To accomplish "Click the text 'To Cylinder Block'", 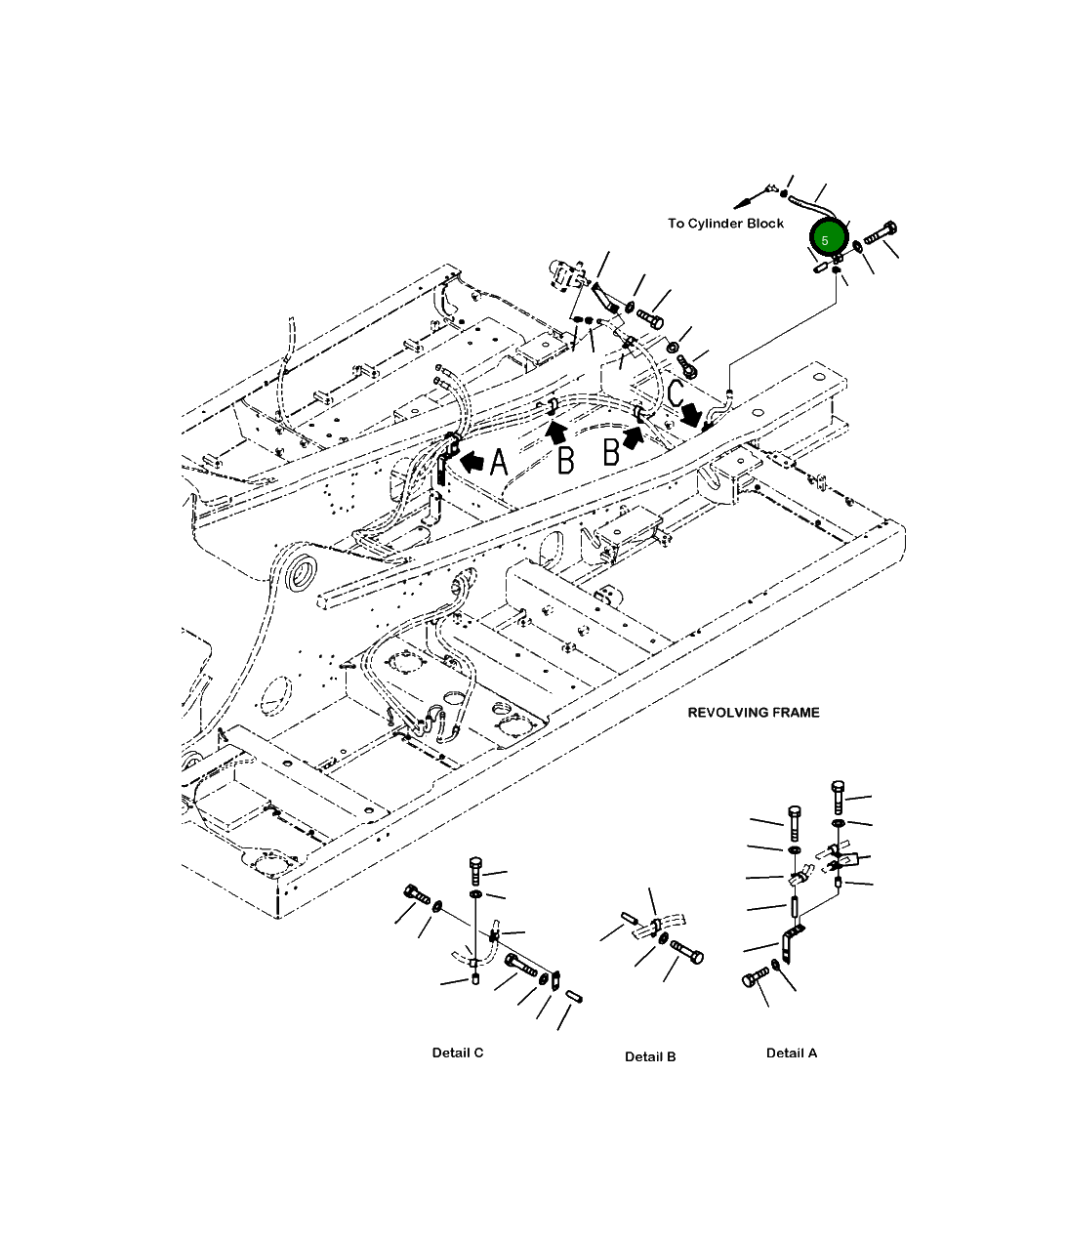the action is [x=725, y=224].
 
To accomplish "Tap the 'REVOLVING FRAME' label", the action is [x=754, y=713].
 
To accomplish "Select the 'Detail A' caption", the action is [x=791, y=1053].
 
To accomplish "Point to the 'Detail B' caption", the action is [x=650, y=1056].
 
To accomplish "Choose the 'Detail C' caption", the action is [x=457, y=1053].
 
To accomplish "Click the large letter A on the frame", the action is [x=499, y=464].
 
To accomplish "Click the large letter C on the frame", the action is [x=676, y=393].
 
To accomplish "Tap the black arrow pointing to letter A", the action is [x=471, y=461].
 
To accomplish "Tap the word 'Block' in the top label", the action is [x=764, y=224].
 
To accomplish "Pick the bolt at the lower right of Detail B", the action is [x=686, y=951].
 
